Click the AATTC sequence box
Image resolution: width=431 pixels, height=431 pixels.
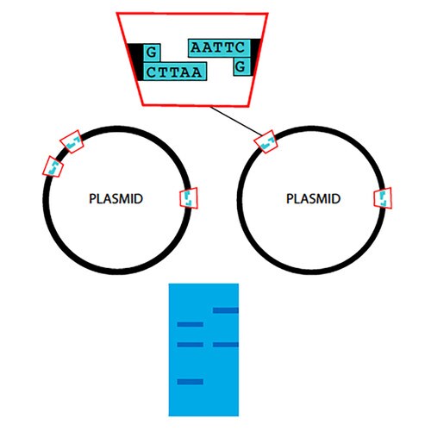pos(219,47)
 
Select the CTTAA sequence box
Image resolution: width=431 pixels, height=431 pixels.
pos(175,72)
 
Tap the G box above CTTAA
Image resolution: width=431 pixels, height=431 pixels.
pos(152,53)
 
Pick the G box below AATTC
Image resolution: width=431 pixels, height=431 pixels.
pos(241,66)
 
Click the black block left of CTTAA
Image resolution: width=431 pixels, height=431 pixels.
pos(137,62)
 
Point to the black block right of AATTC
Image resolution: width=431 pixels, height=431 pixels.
pos(255,57)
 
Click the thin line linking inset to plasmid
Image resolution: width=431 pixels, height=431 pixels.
pos(236,121)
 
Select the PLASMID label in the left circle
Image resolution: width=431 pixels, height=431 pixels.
pos(116,199)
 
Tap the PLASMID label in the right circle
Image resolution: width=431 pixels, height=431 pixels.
pos(313,199)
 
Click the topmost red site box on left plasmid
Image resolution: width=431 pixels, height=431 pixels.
pos(72,141)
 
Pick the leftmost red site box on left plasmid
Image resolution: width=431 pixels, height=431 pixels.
pos(53,166)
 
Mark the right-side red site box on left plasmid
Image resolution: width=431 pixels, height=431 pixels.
pos(189,198)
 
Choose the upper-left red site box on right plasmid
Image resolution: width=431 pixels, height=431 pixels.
pos(265,141)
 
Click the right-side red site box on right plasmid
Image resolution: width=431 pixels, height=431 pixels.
pos(383,198)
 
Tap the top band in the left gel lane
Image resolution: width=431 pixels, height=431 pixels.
pos(191,324)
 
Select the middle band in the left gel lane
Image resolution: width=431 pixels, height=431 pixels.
pos(191,345)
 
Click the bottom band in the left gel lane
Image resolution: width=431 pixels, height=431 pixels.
pos(191,382)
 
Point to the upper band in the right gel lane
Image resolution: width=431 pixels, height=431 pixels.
pos(226,310)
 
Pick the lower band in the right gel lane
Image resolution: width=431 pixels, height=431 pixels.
pos(226,345)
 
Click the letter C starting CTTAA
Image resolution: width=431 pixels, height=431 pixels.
pos(151,72)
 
